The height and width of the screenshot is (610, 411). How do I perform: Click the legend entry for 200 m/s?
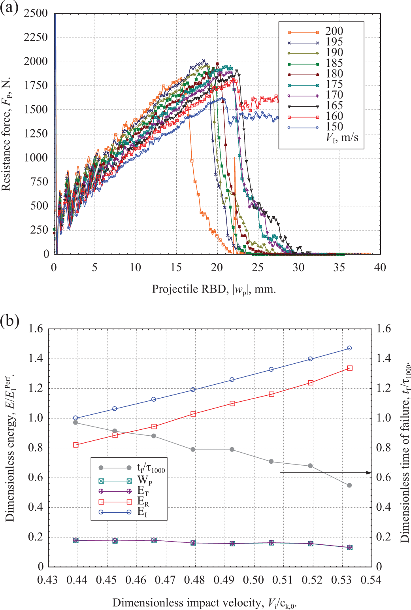click(x=315, y=32)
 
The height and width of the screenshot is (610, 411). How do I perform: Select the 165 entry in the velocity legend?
click(x=315, y=106)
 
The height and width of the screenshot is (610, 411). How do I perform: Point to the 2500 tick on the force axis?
click(x=36, y=13)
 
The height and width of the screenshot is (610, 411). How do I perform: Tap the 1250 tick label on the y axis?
click(x=36, y=134)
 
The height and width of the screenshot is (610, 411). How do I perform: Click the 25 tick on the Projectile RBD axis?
click(x=258, y=267)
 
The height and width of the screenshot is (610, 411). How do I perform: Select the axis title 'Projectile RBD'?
click(x=189, y=289)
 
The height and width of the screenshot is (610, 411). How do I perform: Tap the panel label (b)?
click(x=9, y=321)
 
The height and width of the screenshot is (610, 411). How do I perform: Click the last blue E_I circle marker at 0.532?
click(x=349, y=348)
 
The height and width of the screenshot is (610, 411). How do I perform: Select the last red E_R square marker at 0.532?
click(x=350, y=368)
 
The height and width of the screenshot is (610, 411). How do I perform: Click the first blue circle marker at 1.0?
click(x=75, y=418)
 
